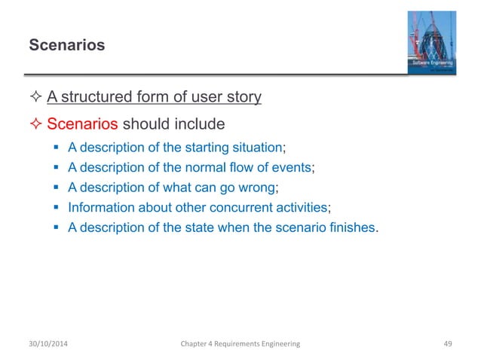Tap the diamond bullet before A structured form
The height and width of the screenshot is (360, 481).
pyautogui.click(x=35, y=97)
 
